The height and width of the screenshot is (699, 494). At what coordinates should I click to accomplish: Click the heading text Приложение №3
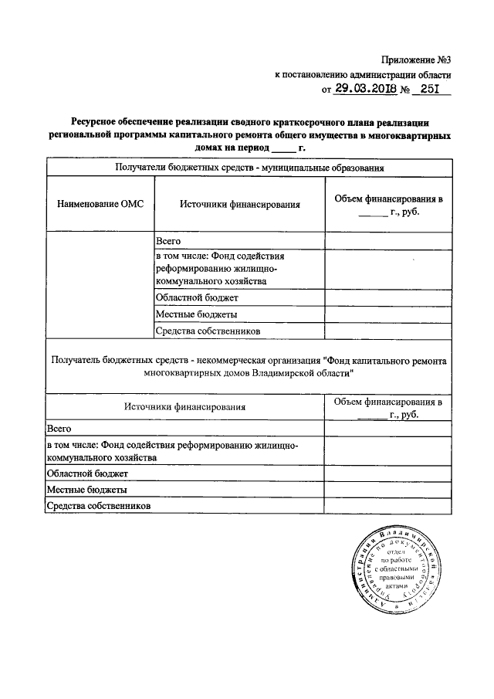413,60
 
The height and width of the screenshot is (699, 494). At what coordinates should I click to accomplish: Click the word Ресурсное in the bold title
97,121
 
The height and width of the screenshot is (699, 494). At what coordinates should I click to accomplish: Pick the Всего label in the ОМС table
168,241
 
